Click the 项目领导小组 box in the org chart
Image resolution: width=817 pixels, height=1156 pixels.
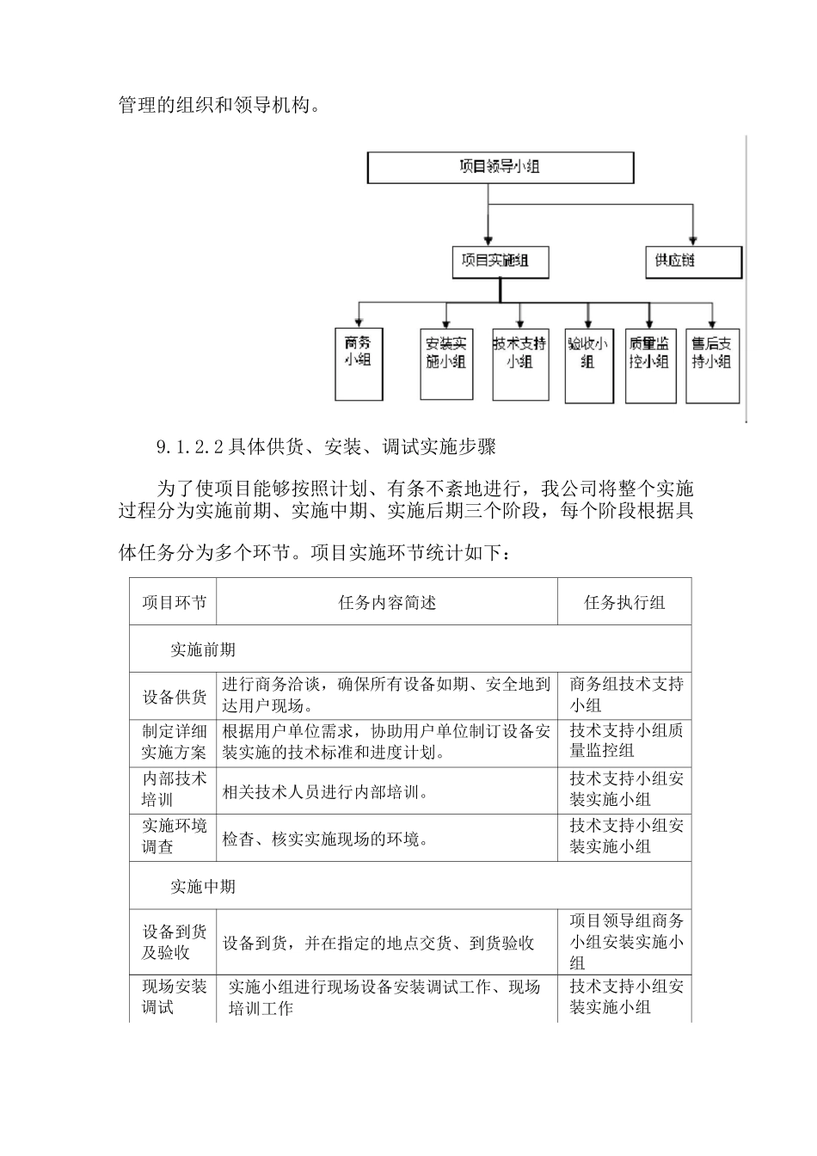tap(501, 167)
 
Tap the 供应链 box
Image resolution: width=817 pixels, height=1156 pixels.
tap(693, 261)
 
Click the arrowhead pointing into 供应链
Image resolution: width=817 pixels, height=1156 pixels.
tap(693, 241)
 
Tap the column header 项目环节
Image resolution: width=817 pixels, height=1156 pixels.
tap(174, 602)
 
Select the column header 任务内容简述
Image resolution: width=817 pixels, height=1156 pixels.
tap(387, 602)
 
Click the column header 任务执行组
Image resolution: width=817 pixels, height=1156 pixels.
tap(624, 602)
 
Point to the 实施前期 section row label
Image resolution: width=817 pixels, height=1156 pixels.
tap(203, 649)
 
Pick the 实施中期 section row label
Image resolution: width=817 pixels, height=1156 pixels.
tap(203, 886)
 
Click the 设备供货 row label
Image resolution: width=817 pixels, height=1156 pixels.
tap(174, 696)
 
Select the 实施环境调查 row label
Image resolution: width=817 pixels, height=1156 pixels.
tap(174, 837)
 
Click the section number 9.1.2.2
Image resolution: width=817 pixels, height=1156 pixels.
tap(190, 447)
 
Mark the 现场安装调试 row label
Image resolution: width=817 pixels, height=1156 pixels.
tap(174, 997)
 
